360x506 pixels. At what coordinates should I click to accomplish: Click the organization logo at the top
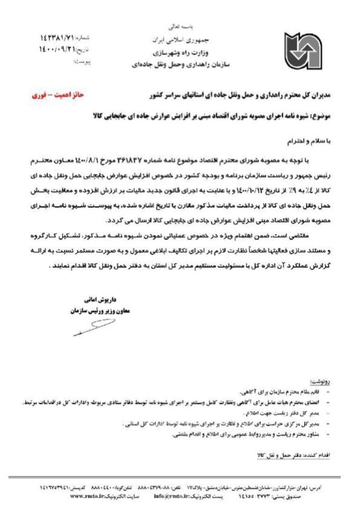tap(303, 51)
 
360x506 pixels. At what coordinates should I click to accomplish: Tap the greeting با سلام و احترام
tap(309, 140)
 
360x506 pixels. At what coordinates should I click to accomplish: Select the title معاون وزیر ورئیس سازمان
tap(100, 310)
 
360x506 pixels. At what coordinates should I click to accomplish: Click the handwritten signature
tap(94, 327)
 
